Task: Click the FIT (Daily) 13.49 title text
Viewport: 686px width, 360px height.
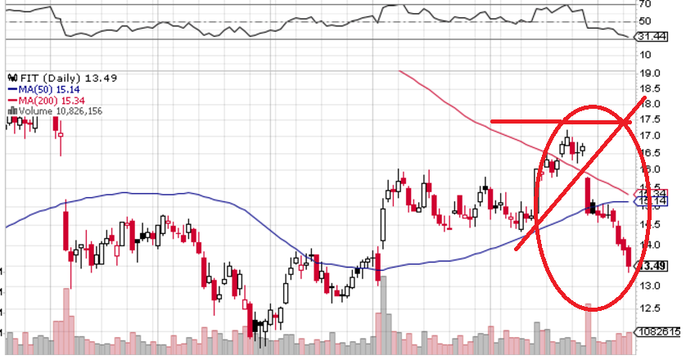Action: pos(51,78)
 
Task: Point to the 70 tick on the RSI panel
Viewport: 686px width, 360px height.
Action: pos(645,6)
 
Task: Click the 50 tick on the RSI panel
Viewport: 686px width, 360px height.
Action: pos(645,21)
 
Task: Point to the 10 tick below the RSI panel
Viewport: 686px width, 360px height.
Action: pos(645,54)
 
